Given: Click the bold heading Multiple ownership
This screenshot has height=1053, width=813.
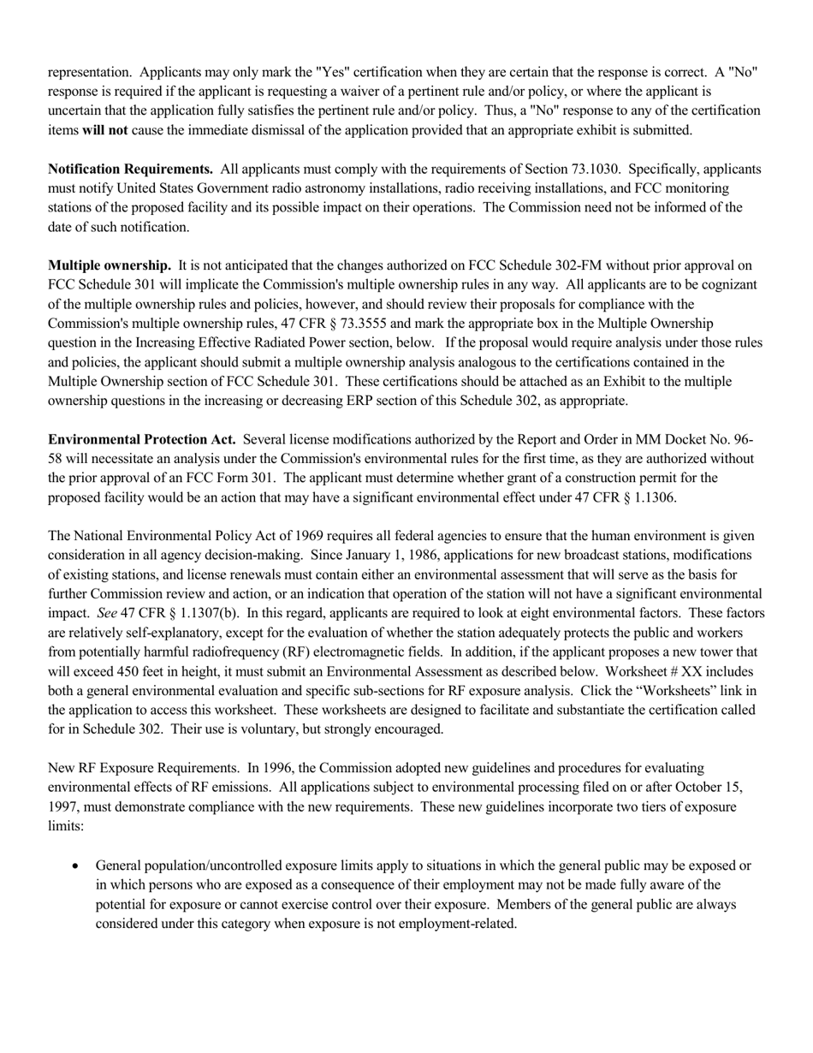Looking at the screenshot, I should pyautogui.click(x=109, y=265).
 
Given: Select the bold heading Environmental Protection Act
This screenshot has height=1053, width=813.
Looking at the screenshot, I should pyautogui.click(x=142, y=439).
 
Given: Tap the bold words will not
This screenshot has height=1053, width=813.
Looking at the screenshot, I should pyautogui.click(x=104, y=130).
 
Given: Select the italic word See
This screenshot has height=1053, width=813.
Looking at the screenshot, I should pyautogui.click(x=107, y=613).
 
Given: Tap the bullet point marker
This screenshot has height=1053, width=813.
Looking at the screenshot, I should pyautogui.click(x=78, y=866).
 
